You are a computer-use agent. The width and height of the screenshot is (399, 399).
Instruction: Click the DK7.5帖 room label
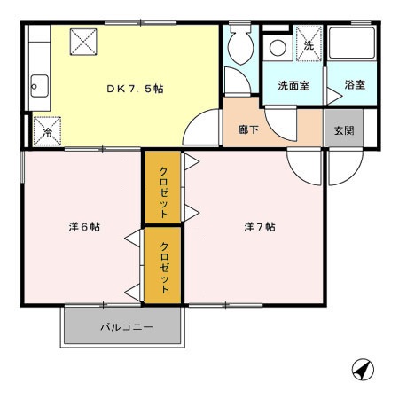[x=135, y=89]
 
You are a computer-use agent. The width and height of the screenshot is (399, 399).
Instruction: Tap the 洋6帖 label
[x=84, y=227]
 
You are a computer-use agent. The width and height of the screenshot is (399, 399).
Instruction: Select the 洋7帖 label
[x=260, y=227]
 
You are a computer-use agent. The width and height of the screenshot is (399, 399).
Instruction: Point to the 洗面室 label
[x=293, y=86]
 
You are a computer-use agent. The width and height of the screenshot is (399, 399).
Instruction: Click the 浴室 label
[x=353, y=86]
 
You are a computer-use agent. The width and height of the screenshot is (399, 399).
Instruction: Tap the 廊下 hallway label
[x=249, y=129]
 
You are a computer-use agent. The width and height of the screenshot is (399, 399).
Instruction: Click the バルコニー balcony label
[x=125, y=327]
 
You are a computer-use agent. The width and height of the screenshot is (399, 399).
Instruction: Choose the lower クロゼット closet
[x=164, y=263]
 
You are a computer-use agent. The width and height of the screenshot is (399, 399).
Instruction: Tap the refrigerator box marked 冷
[x=48, y=129]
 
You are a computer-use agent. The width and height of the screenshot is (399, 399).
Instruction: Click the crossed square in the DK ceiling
[x=83, y=40]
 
